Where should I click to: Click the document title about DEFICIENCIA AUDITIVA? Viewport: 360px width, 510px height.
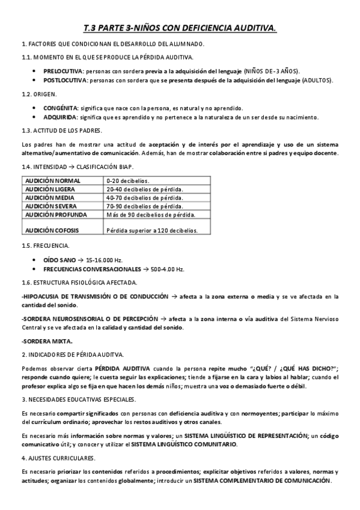click(x=180, y=28)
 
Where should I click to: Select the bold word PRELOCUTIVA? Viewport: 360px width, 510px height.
click(x=63, y=71)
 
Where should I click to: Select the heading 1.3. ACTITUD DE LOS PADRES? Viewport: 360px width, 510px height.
click(x=61, y=131)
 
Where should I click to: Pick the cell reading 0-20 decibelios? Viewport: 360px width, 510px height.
click(x=127, y=180)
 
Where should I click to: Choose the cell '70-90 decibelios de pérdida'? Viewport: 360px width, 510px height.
click(x=144, y=206)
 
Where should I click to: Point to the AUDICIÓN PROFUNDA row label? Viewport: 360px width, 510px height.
click(x=55, y=214)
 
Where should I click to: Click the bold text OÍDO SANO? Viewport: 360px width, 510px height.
click(x=61, y=259)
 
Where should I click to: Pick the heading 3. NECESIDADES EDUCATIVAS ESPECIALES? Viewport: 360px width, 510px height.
click(x=78, y=399)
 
